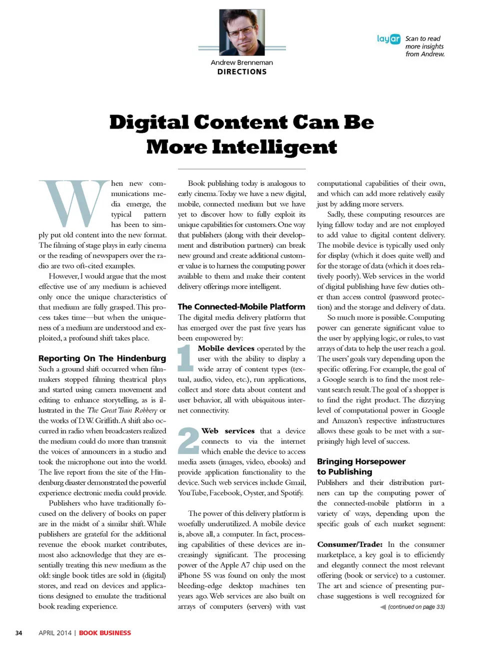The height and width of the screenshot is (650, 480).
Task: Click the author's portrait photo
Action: [242, 32]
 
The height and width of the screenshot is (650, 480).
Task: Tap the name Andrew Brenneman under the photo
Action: [242, 62]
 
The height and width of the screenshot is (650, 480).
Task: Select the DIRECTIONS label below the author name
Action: [242, 71]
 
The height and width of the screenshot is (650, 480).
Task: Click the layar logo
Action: [388, 38]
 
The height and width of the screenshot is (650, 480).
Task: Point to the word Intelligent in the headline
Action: [274, 147]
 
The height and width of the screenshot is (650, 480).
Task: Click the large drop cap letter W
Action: [74, 203]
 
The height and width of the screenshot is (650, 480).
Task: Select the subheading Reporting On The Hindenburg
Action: [102, 358]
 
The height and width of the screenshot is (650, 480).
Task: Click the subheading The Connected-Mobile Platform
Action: [241, 306]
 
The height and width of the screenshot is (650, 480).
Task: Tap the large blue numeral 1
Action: [185, 358]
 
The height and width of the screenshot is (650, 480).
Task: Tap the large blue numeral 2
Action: [188, 440]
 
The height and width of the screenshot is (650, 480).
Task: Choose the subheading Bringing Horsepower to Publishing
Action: [361, 466]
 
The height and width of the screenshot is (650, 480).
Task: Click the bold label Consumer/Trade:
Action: [349, 544]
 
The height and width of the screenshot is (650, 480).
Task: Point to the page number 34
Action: [18, 632]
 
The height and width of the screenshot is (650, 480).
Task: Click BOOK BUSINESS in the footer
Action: [105, 632]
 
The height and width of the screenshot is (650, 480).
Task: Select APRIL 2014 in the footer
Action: [55, 632]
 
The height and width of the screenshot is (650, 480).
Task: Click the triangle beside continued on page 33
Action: [383, 607]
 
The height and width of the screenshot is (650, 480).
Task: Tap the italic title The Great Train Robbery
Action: [122, 410]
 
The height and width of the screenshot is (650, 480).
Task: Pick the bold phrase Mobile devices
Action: [226, 348]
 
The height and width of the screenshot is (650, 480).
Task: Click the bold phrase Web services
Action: [228, 430]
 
